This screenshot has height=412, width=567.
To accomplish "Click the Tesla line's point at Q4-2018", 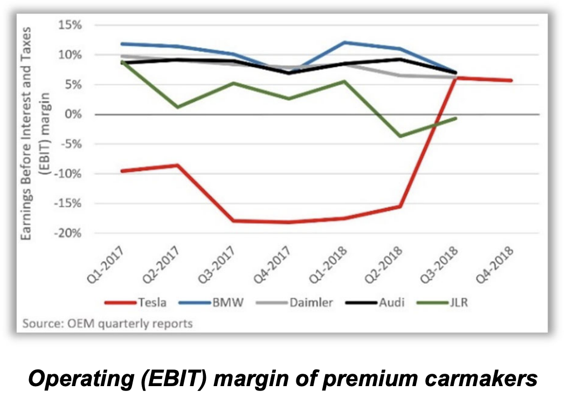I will pos(511,80).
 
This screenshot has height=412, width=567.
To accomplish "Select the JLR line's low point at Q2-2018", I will pos(400,136).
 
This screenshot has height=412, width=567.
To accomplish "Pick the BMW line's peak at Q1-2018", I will pos(344,42).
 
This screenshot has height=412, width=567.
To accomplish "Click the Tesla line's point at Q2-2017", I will pos(178,165).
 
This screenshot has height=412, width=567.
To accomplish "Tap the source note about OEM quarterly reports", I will pos(108,324).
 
